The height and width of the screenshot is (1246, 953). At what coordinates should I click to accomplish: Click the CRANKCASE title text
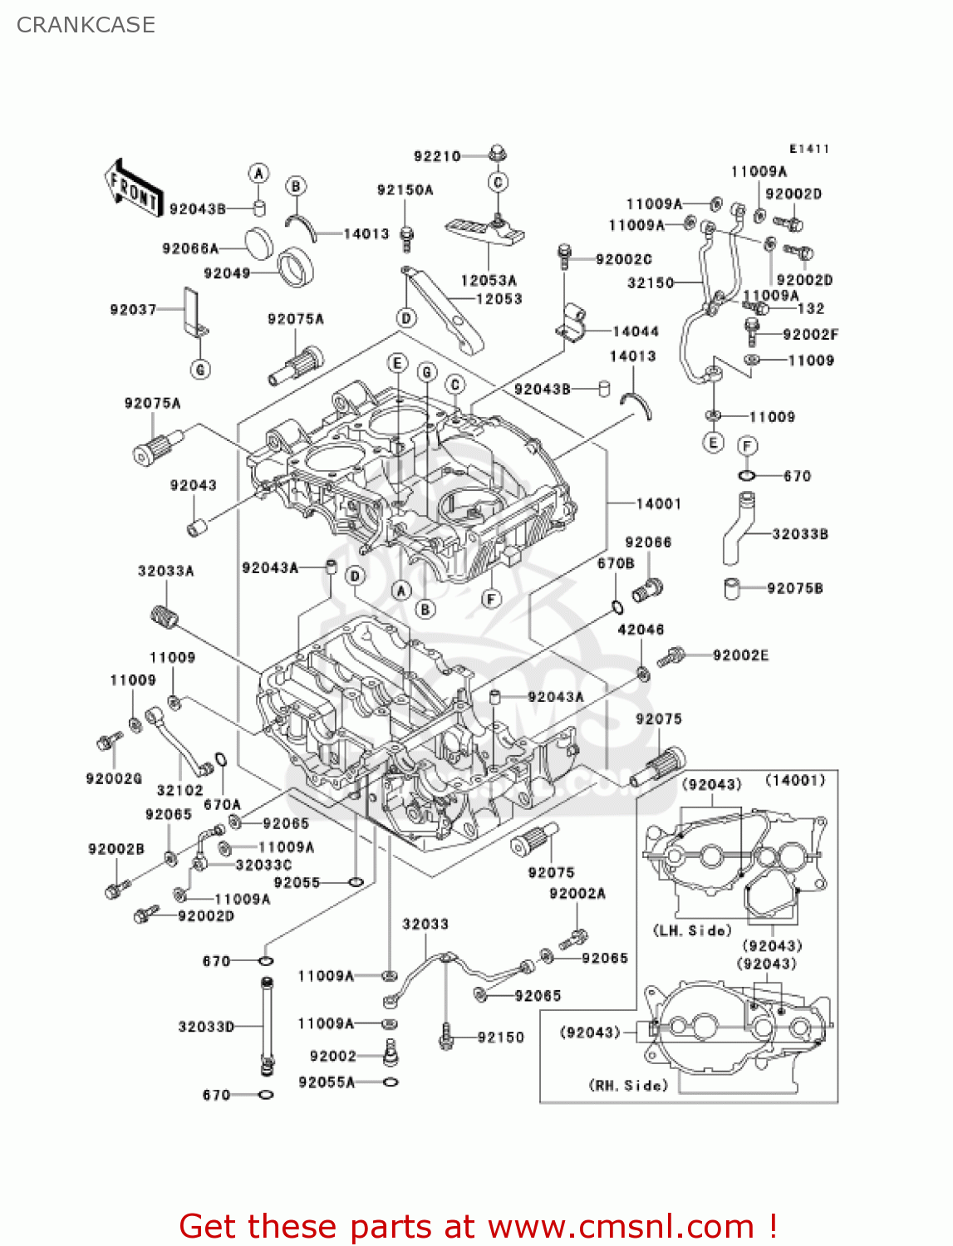coord(86,25)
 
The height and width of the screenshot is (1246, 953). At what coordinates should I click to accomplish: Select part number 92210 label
coord(437,156)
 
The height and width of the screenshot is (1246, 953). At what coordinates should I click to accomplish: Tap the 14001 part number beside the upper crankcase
coord(658,503)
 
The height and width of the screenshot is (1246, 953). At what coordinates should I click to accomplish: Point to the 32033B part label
coord(799,534)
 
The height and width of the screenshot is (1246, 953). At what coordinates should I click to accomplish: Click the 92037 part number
coord(133,310)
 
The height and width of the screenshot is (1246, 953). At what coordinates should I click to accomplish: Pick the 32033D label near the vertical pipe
coord(206,1027)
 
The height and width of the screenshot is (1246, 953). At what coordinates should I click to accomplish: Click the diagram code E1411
coord(808,149)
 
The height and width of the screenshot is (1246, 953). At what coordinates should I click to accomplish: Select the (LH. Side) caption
coord(692,930)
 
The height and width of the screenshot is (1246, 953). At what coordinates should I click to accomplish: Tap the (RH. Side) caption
coord(628,1085)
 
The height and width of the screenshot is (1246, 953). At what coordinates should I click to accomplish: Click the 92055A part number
coord(327,1082)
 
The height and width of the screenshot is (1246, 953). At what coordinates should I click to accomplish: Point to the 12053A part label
coord(489,281)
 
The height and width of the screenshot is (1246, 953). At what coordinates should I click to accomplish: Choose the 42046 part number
coord(641,630)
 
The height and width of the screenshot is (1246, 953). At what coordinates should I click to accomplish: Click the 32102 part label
coord(179,790)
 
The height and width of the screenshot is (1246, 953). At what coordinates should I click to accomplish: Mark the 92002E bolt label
coord(740,655)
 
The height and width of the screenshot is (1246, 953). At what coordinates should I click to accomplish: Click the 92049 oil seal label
coord(227,273)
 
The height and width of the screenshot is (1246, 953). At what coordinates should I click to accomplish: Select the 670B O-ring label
coord(616,563)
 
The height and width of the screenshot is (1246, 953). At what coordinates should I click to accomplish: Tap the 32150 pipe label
coord(651,282)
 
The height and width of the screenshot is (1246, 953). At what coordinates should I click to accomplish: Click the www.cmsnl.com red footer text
coord(620,1226)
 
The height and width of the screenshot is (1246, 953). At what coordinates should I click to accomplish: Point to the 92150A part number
coord(405,190)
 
